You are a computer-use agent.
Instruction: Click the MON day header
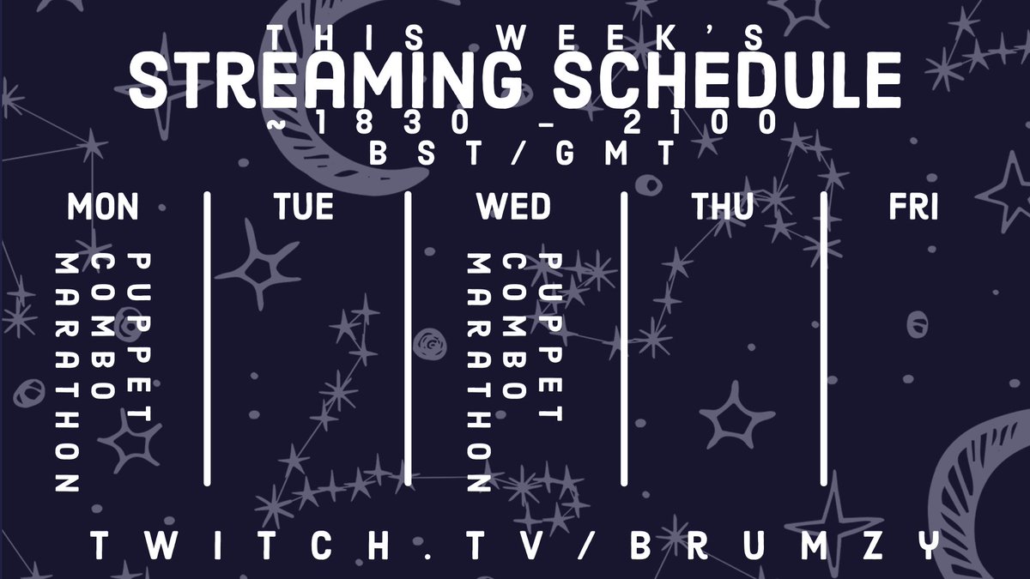click(102, 207)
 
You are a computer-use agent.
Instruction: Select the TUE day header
click(304, 207)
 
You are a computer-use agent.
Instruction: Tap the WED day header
click(513, 207)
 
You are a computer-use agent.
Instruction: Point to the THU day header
click(723, 207)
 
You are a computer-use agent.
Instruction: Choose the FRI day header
click(912, 207)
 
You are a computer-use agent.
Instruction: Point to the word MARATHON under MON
click(66, 373)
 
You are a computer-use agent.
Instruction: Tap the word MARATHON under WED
click(478, 373)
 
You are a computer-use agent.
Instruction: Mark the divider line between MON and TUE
click(207, 339)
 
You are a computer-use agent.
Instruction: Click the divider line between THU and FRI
click(824, 339)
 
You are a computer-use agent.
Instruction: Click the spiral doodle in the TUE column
click(427, 347)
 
